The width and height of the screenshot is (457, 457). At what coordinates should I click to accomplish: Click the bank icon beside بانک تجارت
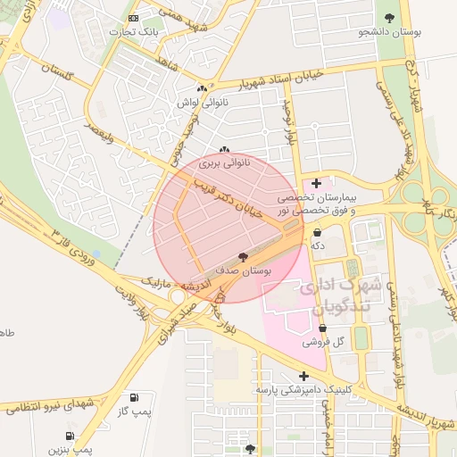(134, 18)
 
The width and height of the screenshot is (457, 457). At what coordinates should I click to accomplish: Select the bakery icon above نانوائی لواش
(203, 88)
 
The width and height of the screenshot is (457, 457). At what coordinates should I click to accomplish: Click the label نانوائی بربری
(223, 164)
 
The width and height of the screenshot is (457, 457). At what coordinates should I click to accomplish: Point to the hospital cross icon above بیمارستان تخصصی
(316, 183)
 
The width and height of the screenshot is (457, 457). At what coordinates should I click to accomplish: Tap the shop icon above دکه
(317, 233)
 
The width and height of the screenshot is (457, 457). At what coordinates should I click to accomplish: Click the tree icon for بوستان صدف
(244, 256)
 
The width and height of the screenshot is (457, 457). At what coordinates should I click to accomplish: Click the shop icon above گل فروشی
(322, 328)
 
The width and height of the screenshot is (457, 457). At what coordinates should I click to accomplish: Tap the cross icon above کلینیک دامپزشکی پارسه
(304, 376)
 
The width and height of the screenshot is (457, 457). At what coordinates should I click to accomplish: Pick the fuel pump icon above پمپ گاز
(134, 397)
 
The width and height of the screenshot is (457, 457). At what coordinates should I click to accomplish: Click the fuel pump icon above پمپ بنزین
(70, 437)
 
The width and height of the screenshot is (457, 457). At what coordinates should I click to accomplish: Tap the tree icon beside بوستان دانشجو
(388, 18)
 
